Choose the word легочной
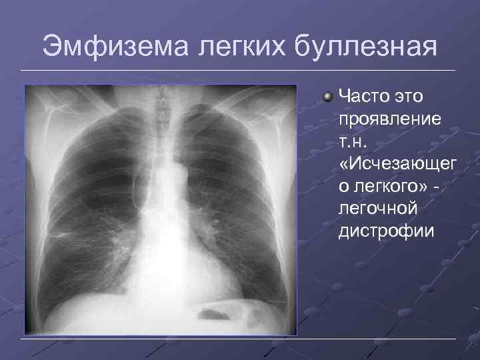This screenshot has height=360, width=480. coord(379,209)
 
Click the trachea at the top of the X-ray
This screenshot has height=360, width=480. coord(160,113)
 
